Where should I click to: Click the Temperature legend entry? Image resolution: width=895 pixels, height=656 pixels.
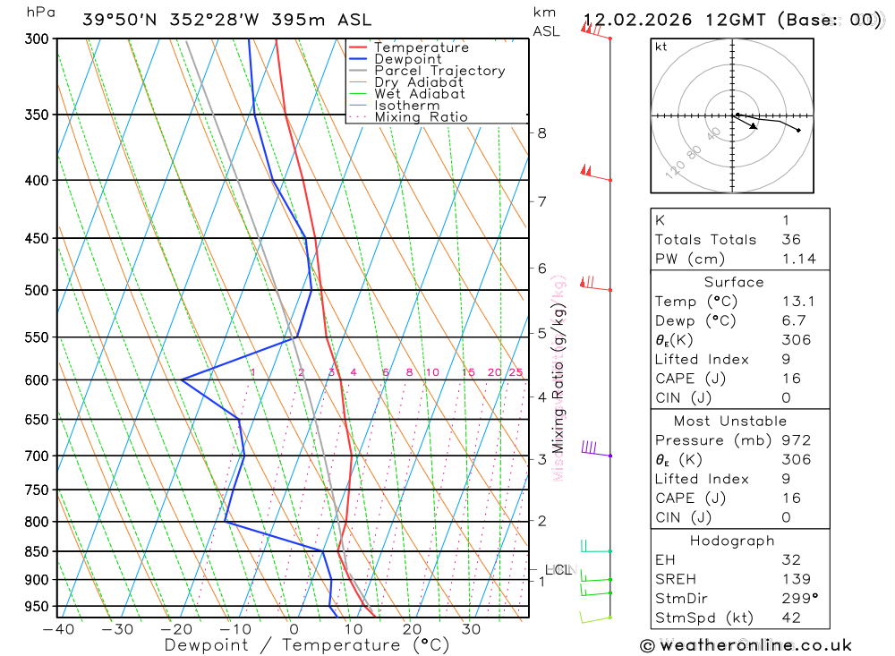(421, 47)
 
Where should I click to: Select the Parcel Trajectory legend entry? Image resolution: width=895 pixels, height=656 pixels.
(439, 71)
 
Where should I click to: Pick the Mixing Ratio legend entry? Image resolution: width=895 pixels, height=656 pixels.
(421, 117)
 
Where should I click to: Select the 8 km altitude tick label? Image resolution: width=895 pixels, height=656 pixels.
(541, 133)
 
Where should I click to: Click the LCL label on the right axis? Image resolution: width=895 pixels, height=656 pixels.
(558, 569)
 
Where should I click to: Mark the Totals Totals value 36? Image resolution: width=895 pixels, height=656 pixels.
(791, 239)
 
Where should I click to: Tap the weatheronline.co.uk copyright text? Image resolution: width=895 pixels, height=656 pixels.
(746, 644)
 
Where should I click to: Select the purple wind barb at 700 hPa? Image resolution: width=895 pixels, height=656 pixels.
(590, 447)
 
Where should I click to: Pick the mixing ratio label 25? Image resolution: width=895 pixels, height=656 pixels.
(516, 372)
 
